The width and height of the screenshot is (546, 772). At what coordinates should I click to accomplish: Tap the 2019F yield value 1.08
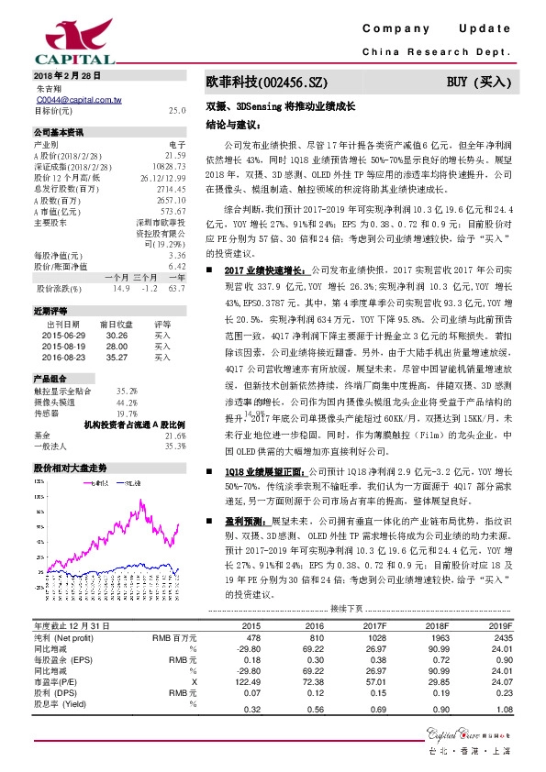coord(501,709)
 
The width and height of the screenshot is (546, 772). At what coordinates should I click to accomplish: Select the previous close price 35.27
coord(116,358)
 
